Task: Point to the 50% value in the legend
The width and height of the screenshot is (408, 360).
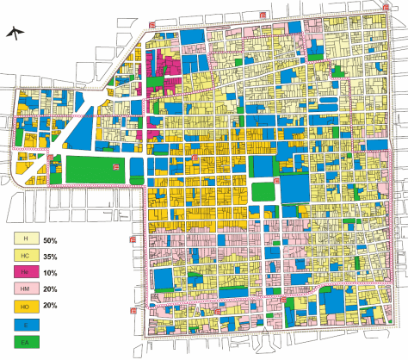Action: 61,239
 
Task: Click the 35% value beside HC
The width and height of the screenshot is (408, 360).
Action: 61,256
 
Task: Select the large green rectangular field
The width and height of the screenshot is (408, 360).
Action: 94,170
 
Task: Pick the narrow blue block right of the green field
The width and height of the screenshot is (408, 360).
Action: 138,170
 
